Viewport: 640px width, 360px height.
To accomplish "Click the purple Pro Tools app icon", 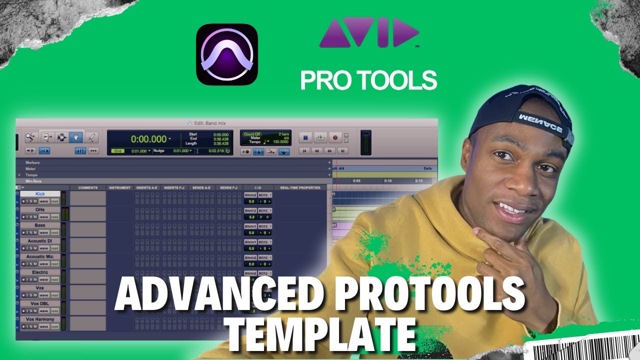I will [x=226, y=54].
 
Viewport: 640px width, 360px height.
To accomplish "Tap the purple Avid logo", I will [x=369, y=33].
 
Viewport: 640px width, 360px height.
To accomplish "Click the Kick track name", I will [x=40, y=194].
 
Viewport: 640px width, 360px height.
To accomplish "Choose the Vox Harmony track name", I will [x=40, y=319].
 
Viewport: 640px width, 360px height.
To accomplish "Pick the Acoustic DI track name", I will [x=40, y=241].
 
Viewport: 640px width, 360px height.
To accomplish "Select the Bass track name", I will [x=40, y=225].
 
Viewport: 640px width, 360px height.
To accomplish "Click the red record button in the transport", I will [x=335, y=137].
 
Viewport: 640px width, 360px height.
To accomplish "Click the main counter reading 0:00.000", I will [x=149, y=139].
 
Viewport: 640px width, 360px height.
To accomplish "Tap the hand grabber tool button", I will [x=76, y=136].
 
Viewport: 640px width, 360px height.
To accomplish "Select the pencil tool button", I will [x=91, y=136].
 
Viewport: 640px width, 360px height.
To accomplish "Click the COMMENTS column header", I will [x=87, y=188].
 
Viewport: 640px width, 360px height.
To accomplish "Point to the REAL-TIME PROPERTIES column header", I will [x=300, y=188].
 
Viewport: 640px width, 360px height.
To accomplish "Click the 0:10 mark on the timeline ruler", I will [x=387, y=181].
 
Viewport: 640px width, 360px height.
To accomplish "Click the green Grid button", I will [x=117, y=150].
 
